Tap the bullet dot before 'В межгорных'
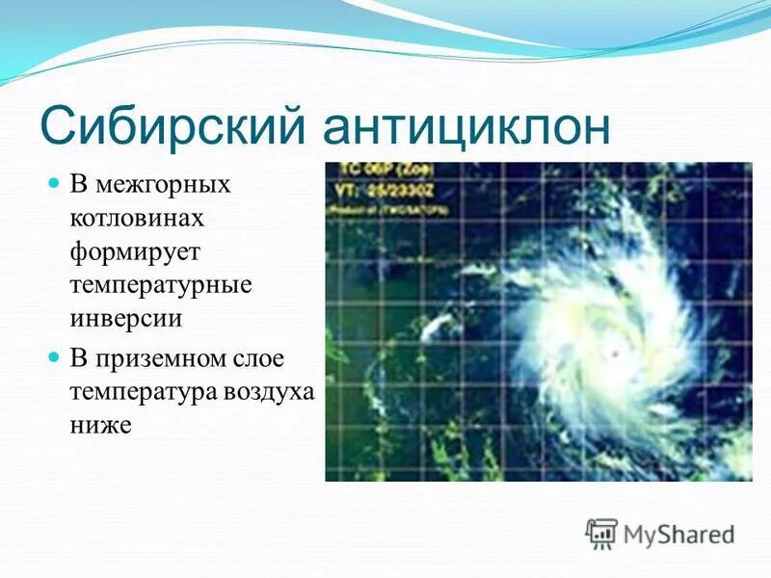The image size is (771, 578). pos(55,182)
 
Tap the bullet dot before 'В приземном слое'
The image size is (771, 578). pos(55,356)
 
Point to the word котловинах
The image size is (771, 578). pos(136,218)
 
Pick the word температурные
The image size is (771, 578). pos(160,287)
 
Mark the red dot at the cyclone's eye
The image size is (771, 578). pos(614,355)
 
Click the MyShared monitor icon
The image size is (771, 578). pos(601,532)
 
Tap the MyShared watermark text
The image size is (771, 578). pos(678,534)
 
